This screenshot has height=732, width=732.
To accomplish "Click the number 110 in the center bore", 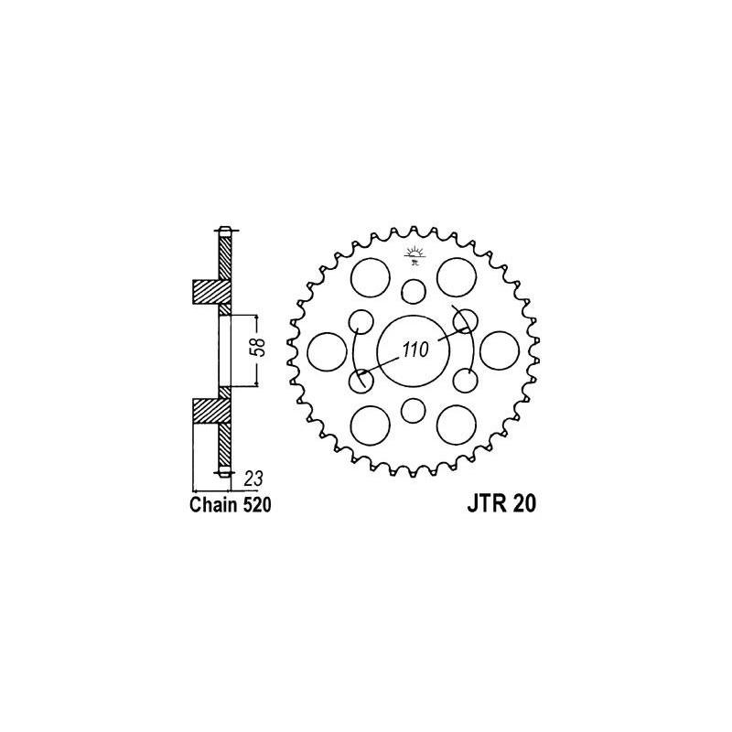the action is pyautogui.click(x=415, y=350).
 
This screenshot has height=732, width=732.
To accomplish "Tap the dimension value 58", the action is pyautogui.click(x=260, y=346).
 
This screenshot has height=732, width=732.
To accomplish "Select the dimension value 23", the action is pyautogui.click(x=253, y=479).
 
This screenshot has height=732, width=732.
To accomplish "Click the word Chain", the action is pyautogui.click(x=213, y=506).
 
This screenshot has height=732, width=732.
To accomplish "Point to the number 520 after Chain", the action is pyautogui.click(x=256, y=506).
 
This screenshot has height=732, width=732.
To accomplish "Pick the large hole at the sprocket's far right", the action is pyautogui.click(x=500, y=350).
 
